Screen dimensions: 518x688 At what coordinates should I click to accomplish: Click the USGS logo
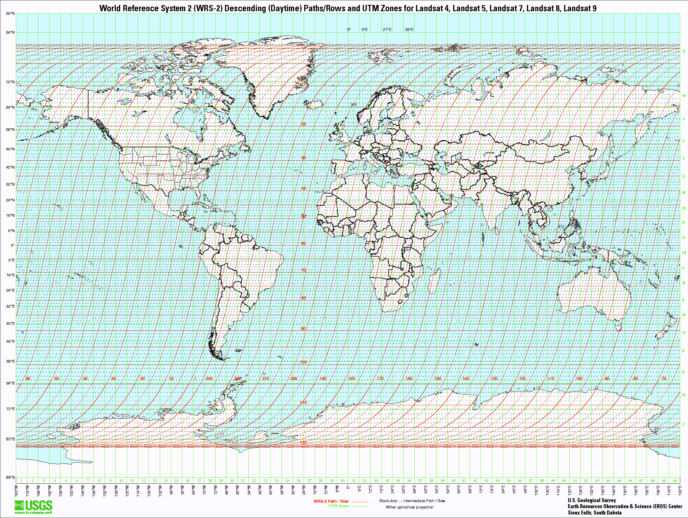pos(33,507)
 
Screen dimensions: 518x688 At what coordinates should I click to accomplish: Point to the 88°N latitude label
pos(10,13)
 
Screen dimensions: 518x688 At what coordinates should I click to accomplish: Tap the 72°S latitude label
pos(10,408)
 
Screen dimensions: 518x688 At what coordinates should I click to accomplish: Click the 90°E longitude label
pos(514,489)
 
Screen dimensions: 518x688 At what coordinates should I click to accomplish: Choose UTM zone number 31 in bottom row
pos(354,480)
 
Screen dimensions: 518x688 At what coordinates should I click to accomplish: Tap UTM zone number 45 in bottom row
pos(509,480)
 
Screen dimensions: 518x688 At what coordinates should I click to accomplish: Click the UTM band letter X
pos(683,51)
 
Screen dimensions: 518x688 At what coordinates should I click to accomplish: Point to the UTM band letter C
pos(683,424)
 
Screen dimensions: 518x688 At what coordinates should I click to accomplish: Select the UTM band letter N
pos(683,238)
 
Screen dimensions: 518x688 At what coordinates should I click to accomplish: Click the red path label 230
pos(209,378)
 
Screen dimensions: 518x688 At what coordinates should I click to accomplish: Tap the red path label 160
pos(409,378)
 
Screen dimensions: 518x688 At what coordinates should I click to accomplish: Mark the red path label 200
pos(294,378)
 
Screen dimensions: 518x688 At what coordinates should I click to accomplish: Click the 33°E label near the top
pos(409,30)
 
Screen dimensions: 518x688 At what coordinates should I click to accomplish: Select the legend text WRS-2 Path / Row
pos(331,501)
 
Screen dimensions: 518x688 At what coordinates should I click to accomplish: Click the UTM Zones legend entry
pos(339,506)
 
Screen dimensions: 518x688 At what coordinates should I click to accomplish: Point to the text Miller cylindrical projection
pos(410,507)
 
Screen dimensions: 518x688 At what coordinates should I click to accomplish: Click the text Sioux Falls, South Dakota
pos(594,513)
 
